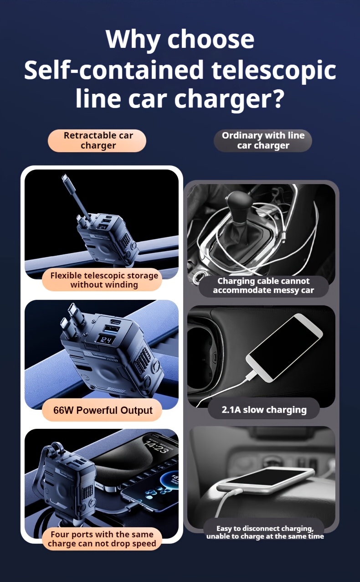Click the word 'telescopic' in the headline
(x=274, y=70)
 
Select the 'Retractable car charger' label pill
(x=97, y=140)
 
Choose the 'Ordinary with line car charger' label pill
(x=263, y=140)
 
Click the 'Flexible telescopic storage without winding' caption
(x=104, y=280)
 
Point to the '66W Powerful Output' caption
(x=103, y=410)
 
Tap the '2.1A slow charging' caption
(x=264, y=410)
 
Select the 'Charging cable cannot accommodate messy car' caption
(x=263, y=286)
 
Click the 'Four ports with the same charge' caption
(x=102, y=539)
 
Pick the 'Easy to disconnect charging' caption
(x=265, y=532)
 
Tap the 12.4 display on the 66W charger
(x=106, y=340)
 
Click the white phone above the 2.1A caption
(x=284, y=348)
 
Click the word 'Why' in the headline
(x=133, y=39)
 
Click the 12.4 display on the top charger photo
(x=103, y=227)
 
